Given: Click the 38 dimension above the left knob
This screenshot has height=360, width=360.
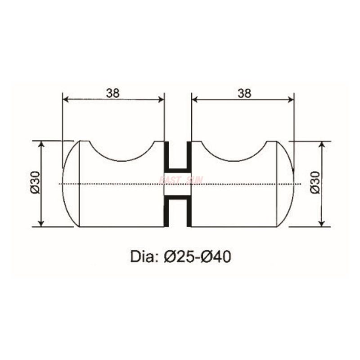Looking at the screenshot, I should click(x=112, y=93).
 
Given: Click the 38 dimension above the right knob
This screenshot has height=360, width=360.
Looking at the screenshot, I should click(x=243, y=93).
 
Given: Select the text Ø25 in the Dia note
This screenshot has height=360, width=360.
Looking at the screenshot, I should click(x=179, y=256).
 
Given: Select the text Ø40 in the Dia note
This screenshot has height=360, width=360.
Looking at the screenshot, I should click(x=216, y=256).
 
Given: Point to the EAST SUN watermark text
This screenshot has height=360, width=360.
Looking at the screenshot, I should click(x=181, y=180).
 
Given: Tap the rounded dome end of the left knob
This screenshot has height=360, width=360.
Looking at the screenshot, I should click(x=70, y=184).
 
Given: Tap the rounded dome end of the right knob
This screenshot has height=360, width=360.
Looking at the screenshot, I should click(x=286, y=184).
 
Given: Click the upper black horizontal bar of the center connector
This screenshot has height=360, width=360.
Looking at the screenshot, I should click(x=178, y=170).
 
